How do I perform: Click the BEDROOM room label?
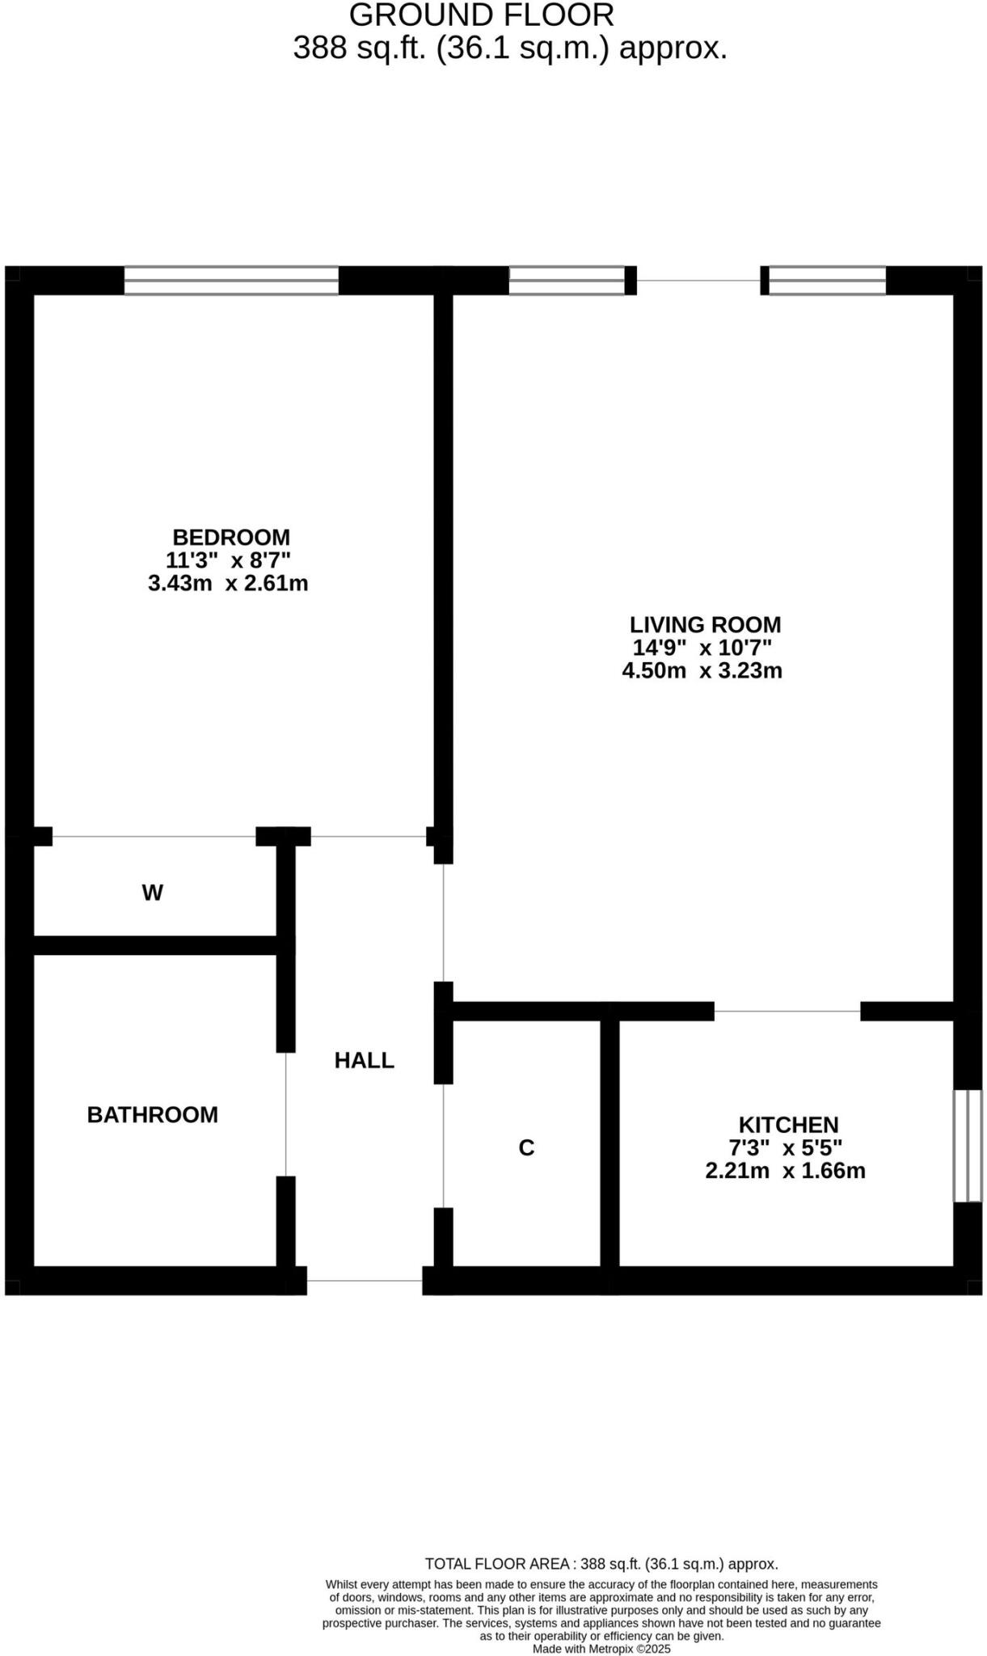tap(231, 537)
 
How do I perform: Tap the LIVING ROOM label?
tap(705, 624)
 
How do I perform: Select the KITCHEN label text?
tap(788, 1124)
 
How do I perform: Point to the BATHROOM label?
tap(153, 1114)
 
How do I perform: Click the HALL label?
tap(365, 1060)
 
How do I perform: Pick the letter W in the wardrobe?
tap(153, 893)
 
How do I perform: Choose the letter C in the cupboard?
tap(526, 1147)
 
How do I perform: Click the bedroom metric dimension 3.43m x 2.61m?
tap(228, 583)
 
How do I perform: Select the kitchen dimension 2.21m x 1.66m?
tap(785, 1170)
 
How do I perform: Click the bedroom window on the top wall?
tap(231, 281)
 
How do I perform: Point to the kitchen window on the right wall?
tap(968, 1145)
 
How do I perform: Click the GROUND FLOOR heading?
tap(481, 15)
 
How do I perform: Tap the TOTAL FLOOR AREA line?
tap(601, 1564)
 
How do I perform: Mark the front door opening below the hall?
tap(365, 1280)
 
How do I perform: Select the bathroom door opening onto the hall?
tap(286, 1113)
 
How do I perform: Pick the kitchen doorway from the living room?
tap(787, 1011)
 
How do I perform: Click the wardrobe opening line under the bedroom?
tap(154, 836)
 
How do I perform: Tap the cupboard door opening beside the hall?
tap(444, 1145)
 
